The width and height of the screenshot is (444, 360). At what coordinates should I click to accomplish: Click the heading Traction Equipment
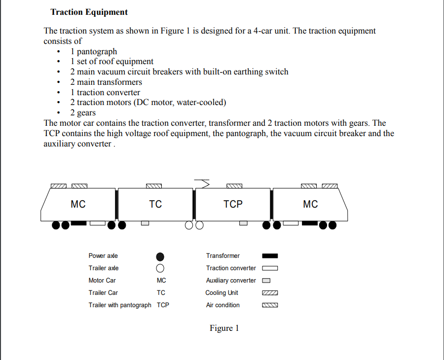(x=89, y=12)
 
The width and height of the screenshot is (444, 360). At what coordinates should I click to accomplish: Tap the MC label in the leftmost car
(x=78, y=204)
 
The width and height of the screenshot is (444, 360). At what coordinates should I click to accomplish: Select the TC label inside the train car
(x=155, y=204)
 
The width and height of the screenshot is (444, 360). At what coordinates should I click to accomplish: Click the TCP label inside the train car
(x=233, y=204)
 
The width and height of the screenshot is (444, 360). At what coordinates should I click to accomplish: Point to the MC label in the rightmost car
(x=310, y=204)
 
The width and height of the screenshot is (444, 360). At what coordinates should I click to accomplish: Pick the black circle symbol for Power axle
(x=160, y=256)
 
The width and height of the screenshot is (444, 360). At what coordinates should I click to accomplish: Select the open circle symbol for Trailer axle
(x=160, y=269)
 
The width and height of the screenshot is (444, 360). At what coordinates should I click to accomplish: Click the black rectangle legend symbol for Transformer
(x=270, y=256)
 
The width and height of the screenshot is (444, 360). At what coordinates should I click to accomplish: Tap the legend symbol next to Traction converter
(x=270, y=268)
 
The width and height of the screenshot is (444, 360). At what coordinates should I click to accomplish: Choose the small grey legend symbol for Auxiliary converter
(x=266, y=281)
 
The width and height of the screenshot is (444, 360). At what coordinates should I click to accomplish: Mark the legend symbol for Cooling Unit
(x=270, y=293)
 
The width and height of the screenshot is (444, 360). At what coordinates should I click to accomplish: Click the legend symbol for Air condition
(x=270, y=305)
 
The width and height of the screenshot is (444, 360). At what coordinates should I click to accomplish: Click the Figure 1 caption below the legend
(x=224, y=328)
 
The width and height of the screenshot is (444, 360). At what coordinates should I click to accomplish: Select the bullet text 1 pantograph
(x=94, y=51)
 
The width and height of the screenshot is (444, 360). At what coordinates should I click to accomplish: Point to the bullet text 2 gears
(x=83, y=113)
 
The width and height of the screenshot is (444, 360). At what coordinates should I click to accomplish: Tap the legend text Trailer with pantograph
(x=120, y=305)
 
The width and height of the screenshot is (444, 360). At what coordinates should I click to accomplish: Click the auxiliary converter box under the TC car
(x=145, y=223)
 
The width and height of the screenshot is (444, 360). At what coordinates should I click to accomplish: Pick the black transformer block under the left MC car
(x=78, y=223)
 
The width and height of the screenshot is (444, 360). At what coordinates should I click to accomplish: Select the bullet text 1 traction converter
(x=105, y=92)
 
